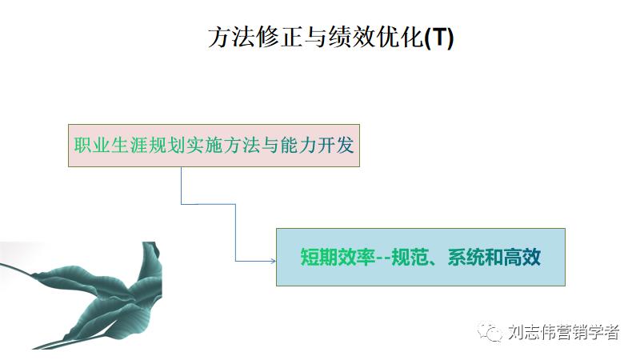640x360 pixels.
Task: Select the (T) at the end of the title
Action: pyautogui.click(x=438, y=38)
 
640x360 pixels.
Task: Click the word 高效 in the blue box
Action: pyautogui.click(x=523, y=258)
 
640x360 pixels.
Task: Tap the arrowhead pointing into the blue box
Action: pyautogui.click(x=271, y=260)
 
